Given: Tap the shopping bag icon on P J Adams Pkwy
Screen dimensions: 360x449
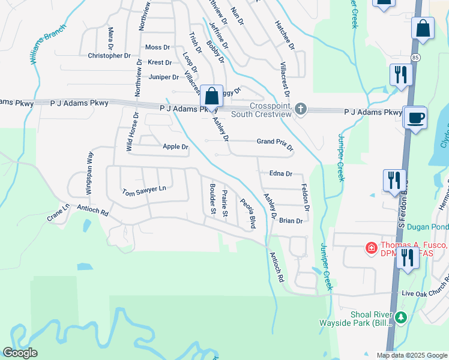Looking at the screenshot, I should [x=211, y=96].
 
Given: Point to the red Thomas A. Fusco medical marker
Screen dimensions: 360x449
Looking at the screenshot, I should [x=371, y=247].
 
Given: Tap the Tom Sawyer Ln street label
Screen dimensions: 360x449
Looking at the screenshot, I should [x=143, y=191].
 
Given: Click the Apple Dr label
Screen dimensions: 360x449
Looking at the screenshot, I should [x=175, y=147].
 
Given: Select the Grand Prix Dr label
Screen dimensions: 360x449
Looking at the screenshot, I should [x=275, y=144].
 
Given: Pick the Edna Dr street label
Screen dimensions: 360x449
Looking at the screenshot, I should [x=280, y=174].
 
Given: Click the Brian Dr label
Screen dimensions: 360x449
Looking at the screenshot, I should [x=291, y=221].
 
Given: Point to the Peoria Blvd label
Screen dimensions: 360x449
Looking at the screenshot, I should [x=249, y=214].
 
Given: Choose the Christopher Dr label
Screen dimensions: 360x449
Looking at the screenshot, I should [x=109, y=56].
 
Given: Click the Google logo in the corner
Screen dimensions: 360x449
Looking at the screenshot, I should [x=20, y=353].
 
